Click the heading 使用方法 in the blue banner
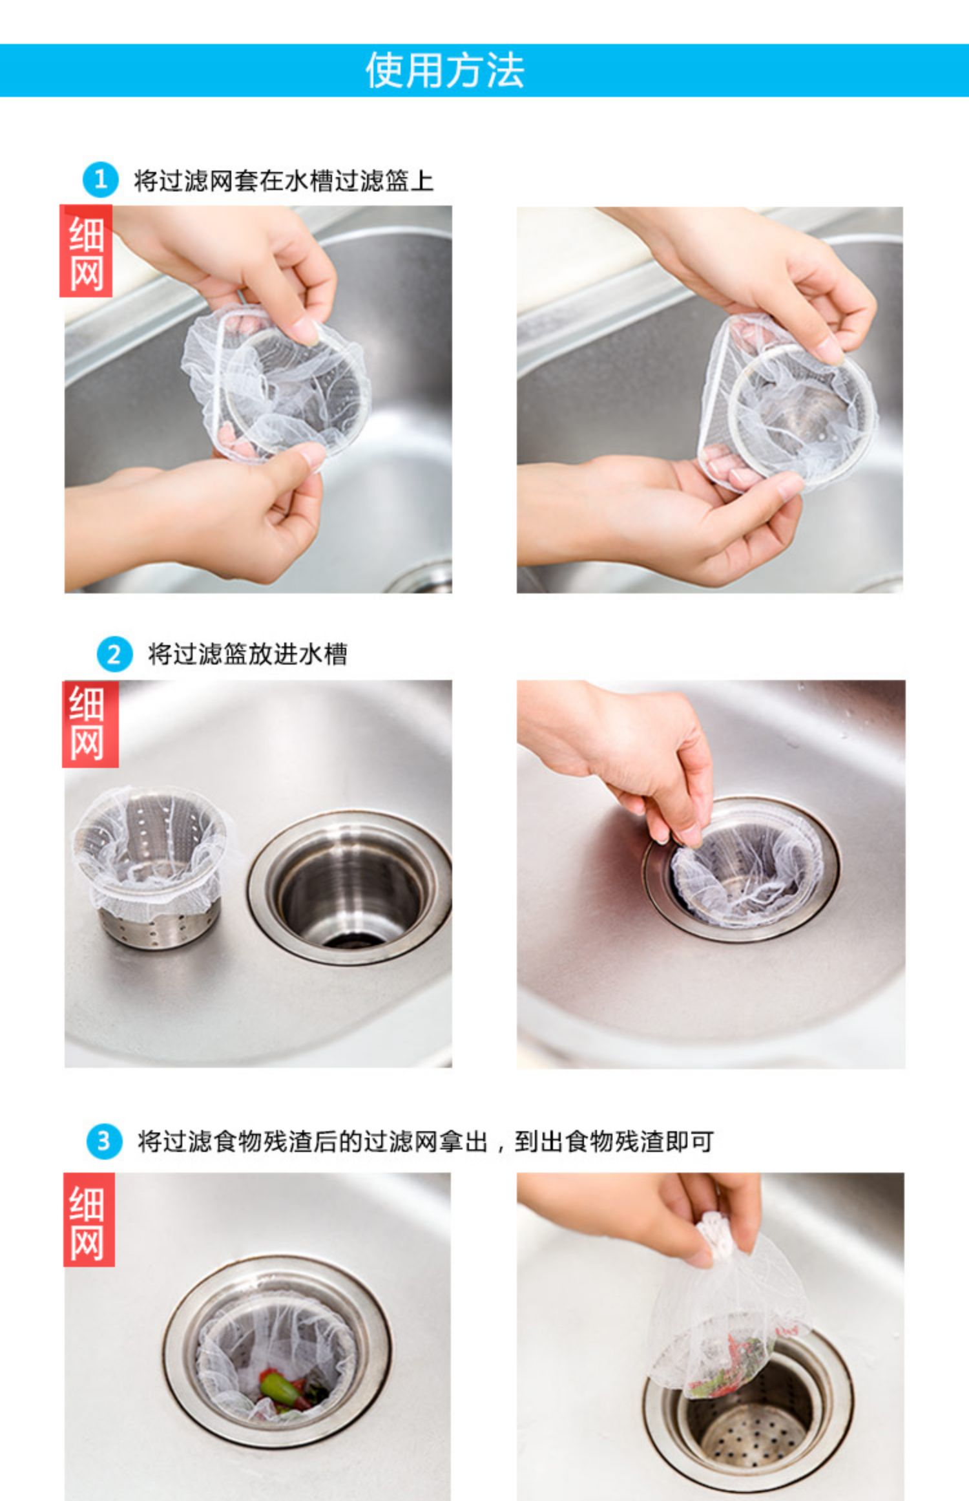click(x=445, y=70)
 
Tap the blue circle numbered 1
click(x=100, y=180)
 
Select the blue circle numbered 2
click(x=114, y=655)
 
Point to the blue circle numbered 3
click(x=104, y=1142)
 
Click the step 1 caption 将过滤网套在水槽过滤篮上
click(x=284, y=181)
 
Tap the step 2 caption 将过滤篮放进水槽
click(x=247, y=654)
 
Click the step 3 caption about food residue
click(x=426, y=1142)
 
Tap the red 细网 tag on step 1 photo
click(x=86, y=251)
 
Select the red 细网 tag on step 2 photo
click(x=90, y=724)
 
